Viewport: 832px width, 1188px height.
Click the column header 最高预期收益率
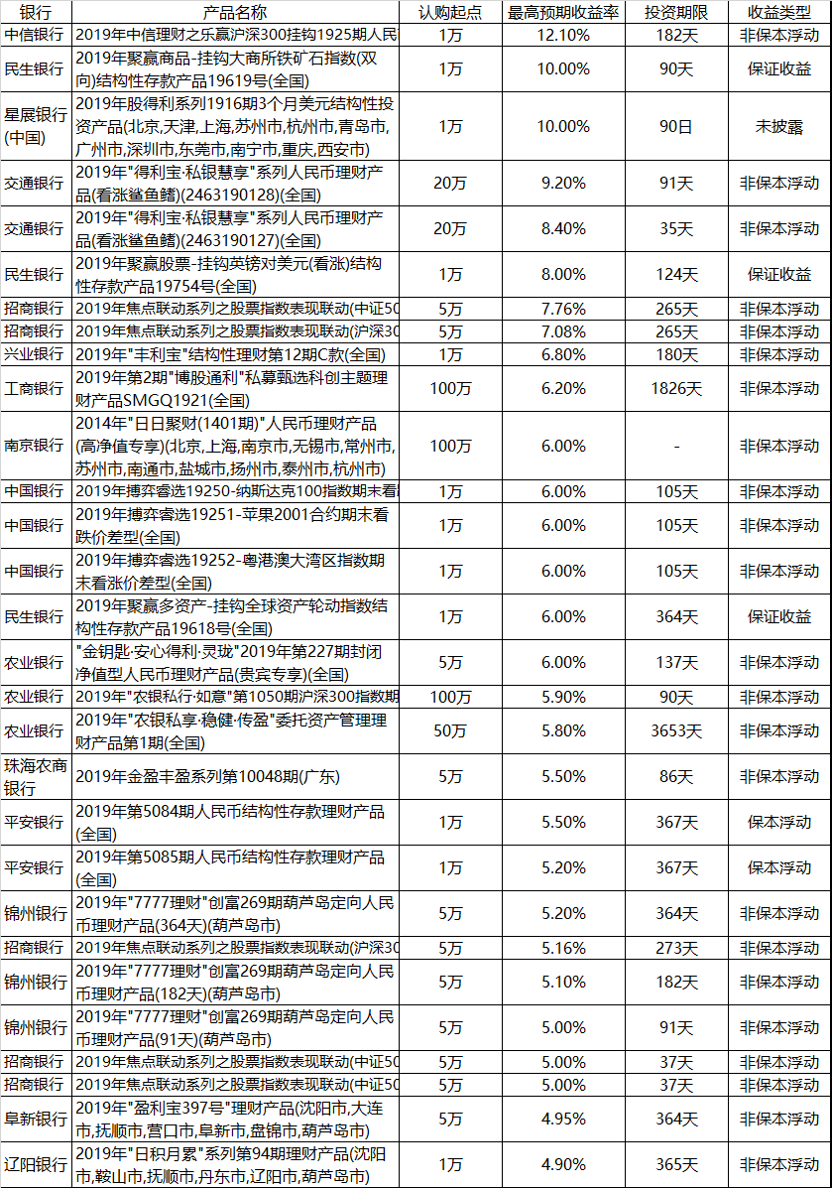pyautogui.click(x=563, y=13)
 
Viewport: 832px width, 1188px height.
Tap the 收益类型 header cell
pyautogui.click(x=779, y=13)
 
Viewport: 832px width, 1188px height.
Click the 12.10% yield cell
pyautogui.click(x=563, y=35)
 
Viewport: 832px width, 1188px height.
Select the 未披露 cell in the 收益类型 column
pyautogui.click(x=779, y=126)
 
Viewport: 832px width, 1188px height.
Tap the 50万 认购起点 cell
pyautogui.click(x=451, y=730)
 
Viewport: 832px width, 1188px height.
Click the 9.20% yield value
pyautogui.click(x=563, y=183)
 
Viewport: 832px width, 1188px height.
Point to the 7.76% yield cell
pyautogui.click(x=563, y=309)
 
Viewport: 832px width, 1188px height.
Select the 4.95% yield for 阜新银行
pyautogui.click(x=563, y=1119)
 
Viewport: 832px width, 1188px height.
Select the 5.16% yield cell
pyautogui.click(x=563, y=948)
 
